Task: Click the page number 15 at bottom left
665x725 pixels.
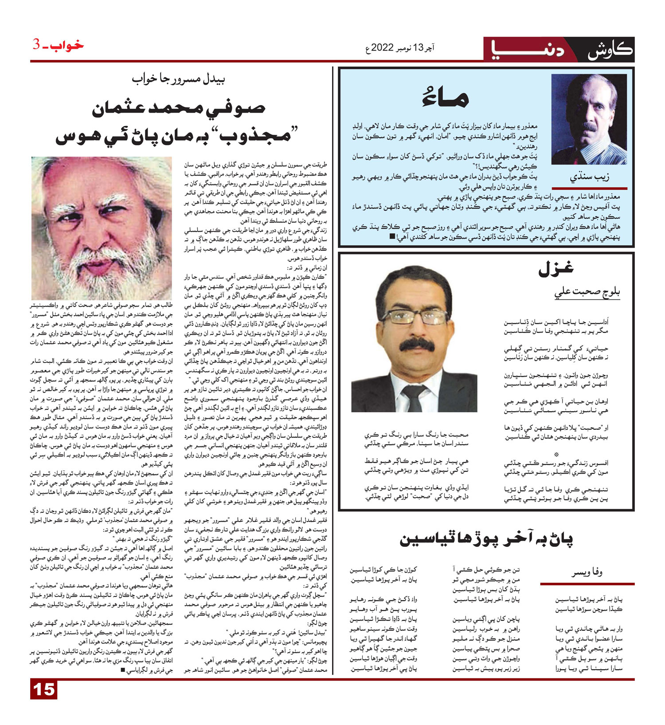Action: coord(44,690)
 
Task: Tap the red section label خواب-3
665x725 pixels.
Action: coord(58,45)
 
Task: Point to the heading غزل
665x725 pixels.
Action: coord(555,268)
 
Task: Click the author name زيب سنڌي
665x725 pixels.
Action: coord(589,177)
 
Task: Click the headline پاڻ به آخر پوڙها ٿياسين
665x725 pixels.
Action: coord(486,539)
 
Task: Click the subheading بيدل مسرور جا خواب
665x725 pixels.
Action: coord(179,80)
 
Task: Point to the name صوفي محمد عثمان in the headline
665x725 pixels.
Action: coord(179,109)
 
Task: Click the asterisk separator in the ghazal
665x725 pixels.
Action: coord(557,455)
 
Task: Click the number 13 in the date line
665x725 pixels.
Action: coord(419,47)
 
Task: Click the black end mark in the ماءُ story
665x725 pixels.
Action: coord(391,237)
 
